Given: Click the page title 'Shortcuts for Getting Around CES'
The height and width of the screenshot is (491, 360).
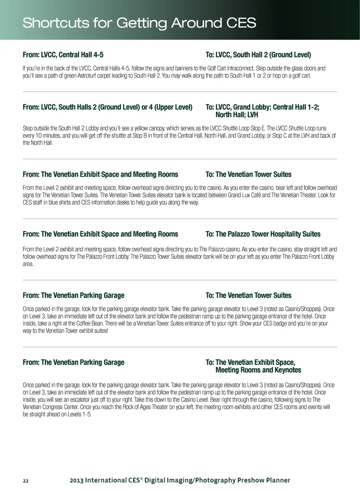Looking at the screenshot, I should [x=139, y=23].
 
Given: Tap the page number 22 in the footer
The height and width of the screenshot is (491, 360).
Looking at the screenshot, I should [x=25, y=481].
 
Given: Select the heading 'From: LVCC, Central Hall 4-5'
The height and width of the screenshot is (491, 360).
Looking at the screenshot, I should [x=63, y=55].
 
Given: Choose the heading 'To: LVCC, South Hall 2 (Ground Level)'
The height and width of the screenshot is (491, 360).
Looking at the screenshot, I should [x=258, y=55].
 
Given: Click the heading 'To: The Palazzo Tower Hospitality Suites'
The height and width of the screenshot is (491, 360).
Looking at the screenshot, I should [x=263, y=234].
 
